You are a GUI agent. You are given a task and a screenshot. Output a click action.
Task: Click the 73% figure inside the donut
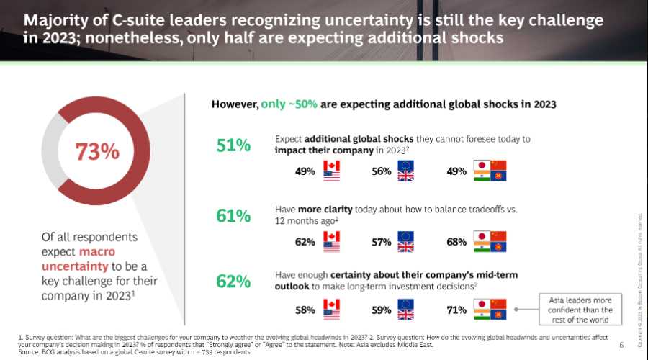98,152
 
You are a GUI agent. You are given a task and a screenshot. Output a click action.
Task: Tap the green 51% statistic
233,145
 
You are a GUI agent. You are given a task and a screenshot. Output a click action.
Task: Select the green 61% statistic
233,215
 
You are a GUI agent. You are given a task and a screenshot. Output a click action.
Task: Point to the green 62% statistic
233,282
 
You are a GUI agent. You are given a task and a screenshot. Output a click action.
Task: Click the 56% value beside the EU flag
382,171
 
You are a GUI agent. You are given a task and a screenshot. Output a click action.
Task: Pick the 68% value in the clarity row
456,242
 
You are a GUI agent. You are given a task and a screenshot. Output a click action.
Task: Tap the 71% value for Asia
456,310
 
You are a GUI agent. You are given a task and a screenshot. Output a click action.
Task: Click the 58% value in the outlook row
305,310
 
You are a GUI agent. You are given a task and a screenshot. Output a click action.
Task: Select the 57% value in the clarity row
382,242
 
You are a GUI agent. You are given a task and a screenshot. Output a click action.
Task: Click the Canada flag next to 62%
332,236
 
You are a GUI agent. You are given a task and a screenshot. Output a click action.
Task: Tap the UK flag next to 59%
406,315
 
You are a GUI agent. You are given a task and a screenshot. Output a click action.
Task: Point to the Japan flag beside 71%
482,305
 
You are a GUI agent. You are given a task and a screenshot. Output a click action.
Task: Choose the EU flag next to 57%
406,236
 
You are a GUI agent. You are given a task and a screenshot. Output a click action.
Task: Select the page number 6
621,345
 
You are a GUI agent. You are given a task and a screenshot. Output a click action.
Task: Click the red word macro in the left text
98,251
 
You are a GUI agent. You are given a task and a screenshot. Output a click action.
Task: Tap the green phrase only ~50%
289,104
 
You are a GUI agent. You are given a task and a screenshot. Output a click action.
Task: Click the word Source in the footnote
29,351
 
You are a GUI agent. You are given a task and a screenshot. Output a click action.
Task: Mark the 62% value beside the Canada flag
305,242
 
